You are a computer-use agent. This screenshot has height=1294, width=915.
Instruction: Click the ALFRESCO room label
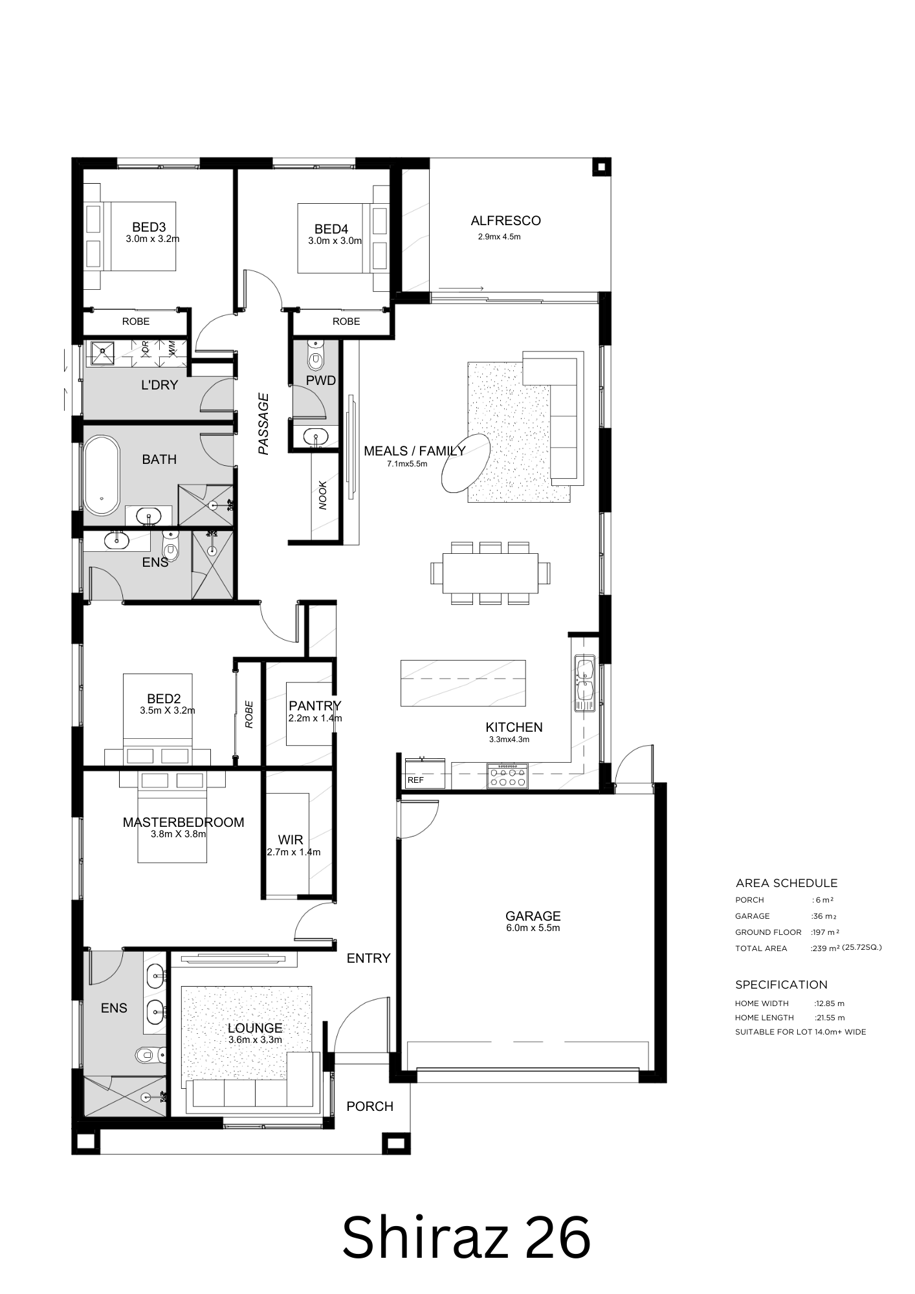[505, 221]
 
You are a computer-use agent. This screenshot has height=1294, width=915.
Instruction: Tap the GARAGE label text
[533, 916]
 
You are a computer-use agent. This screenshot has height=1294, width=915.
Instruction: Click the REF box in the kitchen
[425, 773]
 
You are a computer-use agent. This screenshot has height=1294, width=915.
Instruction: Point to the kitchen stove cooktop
[508, 776]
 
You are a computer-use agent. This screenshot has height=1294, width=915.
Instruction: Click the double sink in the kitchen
[585, 683]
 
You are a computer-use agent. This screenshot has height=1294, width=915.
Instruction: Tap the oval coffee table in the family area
[465, 463]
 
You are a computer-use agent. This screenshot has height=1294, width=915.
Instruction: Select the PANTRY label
[314, 705]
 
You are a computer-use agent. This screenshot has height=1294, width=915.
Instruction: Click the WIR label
[291, 840]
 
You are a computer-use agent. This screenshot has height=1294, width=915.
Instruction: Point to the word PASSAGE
[263, 424]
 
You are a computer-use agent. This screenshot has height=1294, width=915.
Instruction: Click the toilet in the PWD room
[316, 355]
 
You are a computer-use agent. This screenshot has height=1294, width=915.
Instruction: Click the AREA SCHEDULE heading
[786, 883]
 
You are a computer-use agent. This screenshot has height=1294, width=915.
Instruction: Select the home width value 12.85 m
[830, 1003]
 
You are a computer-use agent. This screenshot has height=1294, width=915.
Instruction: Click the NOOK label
[323, 495]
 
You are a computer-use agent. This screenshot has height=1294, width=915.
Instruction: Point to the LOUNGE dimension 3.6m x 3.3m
[255, 1040]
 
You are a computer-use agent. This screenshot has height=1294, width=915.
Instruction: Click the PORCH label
[369, 1106]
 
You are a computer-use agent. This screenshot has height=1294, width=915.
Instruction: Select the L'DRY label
[159, 386]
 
